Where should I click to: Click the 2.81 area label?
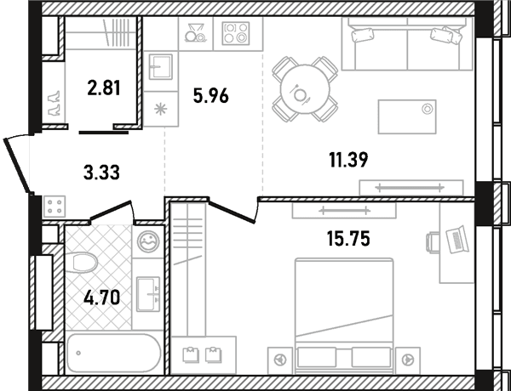[104, 88]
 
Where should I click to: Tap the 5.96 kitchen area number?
[211, 96]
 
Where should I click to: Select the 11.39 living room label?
[348, 160]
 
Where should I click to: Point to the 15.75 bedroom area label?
[348, 239]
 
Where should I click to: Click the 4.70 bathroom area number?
[101, 297]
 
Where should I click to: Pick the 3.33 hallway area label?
[101, 172]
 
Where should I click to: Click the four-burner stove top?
[236, 33]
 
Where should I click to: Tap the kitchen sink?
[161, 66]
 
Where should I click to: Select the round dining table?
[305, 89]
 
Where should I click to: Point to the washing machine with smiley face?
[148, 241]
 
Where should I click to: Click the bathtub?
[113, 354]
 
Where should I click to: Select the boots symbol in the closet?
[54, 103]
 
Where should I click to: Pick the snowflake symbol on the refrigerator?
[160, 109]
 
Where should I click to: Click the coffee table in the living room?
[407, 116]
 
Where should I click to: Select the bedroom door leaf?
[232, 212]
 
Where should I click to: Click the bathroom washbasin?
[148, 294]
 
